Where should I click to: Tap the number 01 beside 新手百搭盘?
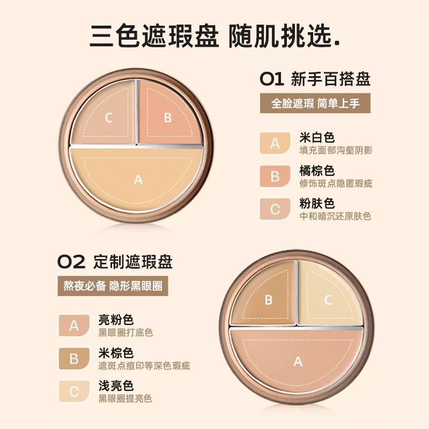pos(271,79)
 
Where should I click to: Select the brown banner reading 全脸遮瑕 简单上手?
pos(315,103)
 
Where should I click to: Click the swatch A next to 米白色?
pos(275,143)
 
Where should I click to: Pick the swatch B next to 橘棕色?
pos(275,176)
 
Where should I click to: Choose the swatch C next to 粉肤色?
pos(275,209)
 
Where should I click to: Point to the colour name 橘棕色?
pos(317,171)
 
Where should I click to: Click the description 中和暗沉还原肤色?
pos(335,217)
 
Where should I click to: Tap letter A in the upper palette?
pos(138,180)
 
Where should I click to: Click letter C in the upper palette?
pos(109,118)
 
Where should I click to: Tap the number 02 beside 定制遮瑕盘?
pos(71,262)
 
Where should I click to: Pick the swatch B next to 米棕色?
pos(74,358)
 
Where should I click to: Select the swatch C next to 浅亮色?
pos(74,391)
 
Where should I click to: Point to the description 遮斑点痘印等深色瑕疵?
pos(144,366)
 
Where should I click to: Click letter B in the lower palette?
pos(268,300)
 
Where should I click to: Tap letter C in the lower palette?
pos(328,300)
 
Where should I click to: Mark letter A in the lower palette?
pos(298,361)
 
